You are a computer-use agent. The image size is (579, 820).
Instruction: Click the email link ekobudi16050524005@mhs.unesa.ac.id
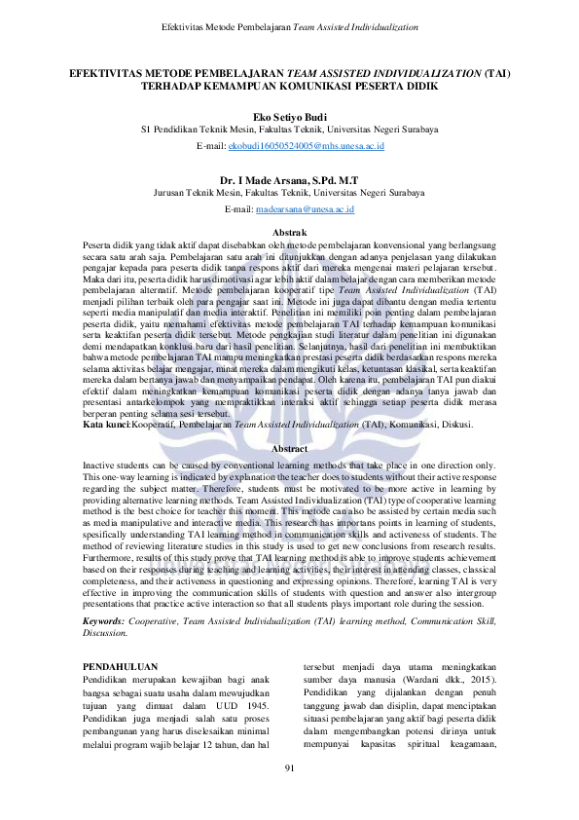[x=306, y=145]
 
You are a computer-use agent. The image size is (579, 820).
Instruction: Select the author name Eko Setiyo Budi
[x=289, y=114]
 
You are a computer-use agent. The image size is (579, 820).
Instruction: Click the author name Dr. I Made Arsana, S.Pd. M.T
[x=289, y=179]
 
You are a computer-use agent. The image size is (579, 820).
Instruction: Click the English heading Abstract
[x=289, y=447]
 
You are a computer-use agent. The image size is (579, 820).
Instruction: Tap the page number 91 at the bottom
[x=289, y=769]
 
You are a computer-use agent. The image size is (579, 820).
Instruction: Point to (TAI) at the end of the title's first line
[x=497, y=72]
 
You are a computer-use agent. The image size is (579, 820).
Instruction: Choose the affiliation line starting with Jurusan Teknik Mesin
[x=289, y=194]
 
